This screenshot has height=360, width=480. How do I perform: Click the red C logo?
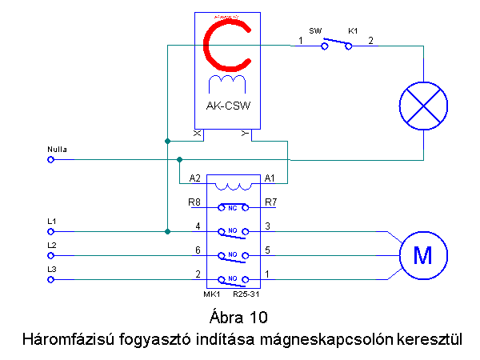coord(227,45)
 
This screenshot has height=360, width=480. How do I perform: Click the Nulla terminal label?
coord(58,149)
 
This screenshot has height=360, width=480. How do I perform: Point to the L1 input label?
coord(52,221)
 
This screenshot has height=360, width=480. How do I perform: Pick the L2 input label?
coord(52,245)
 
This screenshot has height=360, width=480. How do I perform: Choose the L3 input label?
coord(52,269)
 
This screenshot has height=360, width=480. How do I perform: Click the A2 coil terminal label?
coord(194,178)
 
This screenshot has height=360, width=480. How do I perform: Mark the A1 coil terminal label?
coord(270,178)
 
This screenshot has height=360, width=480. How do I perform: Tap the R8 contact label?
coord(194,202)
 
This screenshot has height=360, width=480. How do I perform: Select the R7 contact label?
coord(270,202)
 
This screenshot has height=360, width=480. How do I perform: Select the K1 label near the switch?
coord(352,30)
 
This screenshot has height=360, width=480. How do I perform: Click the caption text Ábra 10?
coord(239,314)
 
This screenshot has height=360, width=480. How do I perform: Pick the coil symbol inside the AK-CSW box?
coord(227,83)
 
